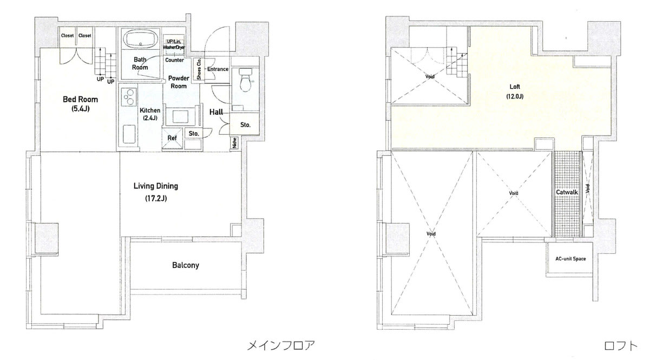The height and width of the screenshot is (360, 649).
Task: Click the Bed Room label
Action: [80, 99]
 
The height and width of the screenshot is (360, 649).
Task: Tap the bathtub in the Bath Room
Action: [141, 39]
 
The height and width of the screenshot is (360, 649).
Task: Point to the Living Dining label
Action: [156, 186]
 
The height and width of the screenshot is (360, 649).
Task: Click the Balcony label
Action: [186, 265]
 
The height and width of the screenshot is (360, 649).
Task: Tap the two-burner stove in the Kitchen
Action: [129, 97]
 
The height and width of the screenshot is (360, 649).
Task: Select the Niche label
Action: [235, 143]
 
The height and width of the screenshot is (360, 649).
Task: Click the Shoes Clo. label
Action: [199, 69]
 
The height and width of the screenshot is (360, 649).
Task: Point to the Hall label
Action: [216, 112]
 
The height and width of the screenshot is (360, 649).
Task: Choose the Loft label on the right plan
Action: [515, 87]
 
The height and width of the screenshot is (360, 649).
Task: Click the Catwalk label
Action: [567, 192]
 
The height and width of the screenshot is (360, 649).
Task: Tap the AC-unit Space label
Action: [571, 259]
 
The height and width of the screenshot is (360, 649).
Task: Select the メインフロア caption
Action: [280, 345]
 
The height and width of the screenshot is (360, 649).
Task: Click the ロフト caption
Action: [620, 345]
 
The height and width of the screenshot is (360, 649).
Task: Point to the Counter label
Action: [174, 60]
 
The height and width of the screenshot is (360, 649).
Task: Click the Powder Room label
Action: [179, 82]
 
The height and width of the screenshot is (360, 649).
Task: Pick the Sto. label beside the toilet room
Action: [245, 125]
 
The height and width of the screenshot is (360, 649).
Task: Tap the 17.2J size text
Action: [156, 199]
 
